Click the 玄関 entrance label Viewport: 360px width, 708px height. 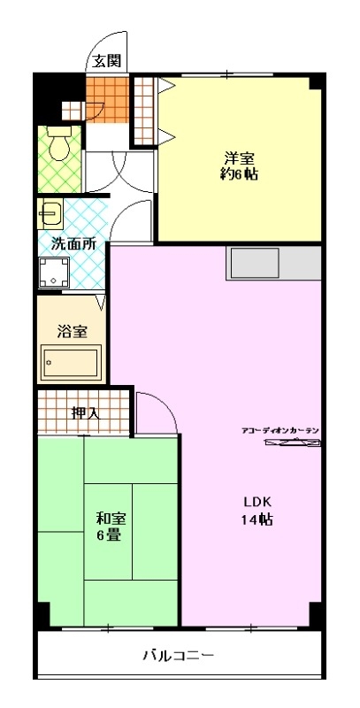pos(107,61)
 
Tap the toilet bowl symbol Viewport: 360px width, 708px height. pos(59,142)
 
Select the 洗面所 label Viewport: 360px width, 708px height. pos(73,244)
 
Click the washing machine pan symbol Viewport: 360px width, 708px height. pos(54,273)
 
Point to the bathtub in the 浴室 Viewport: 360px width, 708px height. pos(71,362)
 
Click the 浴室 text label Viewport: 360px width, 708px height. pos(72,331)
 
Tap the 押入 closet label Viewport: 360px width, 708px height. pos(85,412)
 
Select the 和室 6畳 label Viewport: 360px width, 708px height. pos(111,527)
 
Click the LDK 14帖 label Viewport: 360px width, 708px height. pos(257,511)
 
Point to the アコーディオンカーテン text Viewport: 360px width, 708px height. pos(280,430)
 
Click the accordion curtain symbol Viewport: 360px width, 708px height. pos(291,443)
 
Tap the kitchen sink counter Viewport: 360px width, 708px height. pos(273,263)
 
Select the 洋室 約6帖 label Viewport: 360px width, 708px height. pos(239,166)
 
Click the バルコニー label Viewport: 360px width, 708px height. pos(178,655)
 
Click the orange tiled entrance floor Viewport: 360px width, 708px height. pos(107,100)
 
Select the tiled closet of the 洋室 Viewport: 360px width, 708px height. pos(144,111)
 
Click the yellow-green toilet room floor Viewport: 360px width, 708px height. pos(59,159)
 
